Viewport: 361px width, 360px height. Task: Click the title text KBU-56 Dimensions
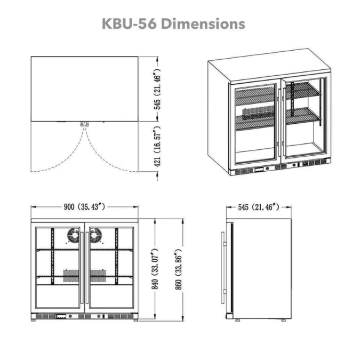(x=173, y=24)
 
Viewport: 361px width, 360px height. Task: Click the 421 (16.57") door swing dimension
(x=157, y=147)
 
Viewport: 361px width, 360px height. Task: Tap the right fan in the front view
(x=96, y=236)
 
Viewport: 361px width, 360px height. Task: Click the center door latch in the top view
(x=84, y=123)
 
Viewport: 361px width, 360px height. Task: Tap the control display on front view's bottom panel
(x=62, y=316)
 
